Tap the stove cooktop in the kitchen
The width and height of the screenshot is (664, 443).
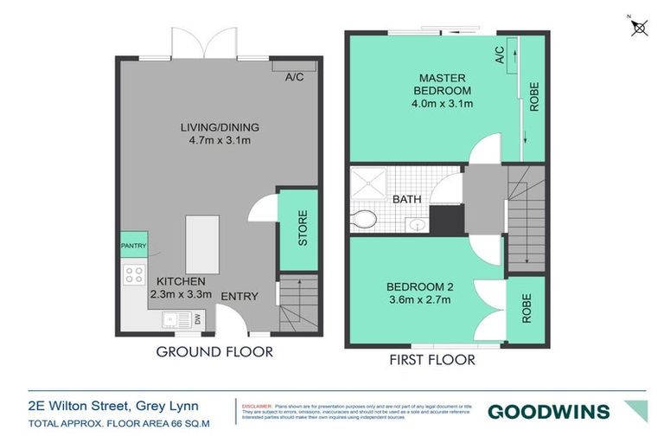(134, 275)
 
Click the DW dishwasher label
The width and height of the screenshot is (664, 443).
(198, 320)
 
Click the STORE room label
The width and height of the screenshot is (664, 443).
(303, 228)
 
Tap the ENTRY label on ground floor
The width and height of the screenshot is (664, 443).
(239, 297)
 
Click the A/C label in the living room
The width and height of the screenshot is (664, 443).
(295, 77)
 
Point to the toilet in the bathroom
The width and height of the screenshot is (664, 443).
(364, 220)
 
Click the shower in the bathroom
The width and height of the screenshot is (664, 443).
(371, 183)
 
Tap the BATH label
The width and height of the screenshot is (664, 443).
(406, 199)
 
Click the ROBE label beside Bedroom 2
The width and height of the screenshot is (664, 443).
(527, 308)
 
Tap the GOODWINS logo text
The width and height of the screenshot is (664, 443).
(548, 412)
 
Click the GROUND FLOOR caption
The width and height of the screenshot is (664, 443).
(214, 351)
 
